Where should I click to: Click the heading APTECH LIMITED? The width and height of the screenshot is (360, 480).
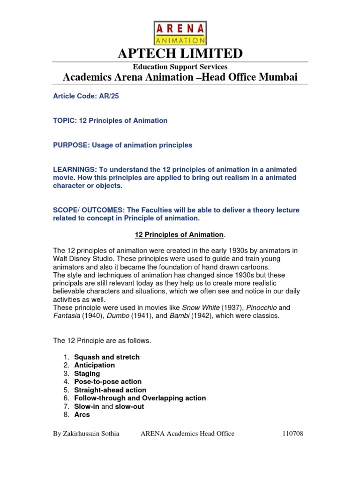coord(180,53)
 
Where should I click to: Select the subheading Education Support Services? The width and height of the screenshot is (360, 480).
coord(180,67)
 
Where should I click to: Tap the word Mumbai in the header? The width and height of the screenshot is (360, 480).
coord(279,77)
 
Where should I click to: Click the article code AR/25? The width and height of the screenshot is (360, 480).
coord(103,96)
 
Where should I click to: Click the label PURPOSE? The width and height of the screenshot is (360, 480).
coord(70,145)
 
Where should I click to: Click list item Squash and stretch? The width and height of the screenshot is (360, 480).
coord(107,357)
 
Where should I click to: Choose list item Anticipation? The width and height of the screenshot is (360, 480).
coord(94,365)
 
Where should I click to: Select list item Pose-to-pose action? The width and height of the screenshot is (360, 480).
coord(108,382)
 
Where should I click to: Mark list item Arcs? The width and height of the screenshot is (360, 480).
coord(82,414)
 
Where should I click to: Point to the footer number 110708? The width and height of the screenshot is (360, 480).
coord(292,434)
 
